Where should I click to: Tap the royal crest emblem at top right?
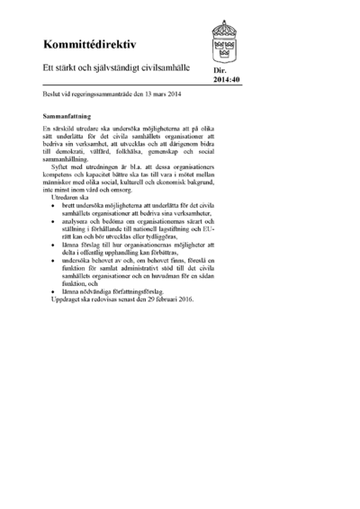pyautogui.click(x=224, y=40)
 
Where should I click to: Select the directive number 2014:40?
pyautogui.click(x=227, y=78)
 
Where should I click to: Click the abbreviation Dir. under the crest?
pyautogui.click(x=220, y=69)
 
